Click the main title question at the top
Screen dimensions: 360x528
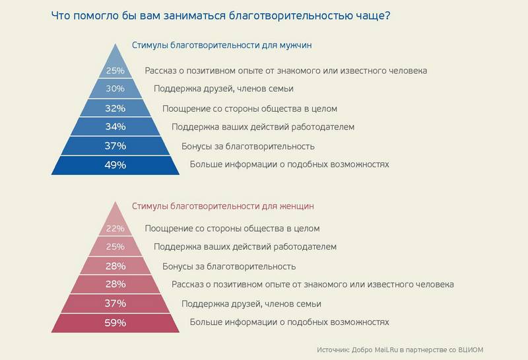(220, 15)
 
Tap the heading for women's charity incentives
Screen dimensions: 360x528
(223, 206)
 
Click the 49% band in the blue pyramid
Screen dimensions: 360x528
(115, 164)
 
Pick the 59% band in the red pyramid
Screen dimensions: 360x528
(115, 323)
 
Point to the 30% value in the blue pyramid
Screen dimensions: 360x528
(115, 89)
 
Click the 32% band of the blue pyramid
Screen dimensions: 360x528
(115, 108)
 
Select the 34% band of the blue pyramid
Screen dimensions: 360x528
(115, 127)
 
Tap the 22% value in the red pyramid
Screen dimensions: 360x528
(115, 229)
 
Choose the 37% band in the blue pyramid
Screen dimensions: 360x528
(115, 146)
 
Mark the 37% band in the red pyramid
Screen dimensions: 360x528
(115, 304)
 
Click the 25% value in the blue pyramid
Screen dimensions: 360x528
(115, 70)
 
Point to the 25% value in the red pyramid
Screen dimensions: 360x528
(115, 247)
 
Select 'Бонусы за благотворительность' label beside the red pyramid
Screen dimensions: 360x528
(229, 266)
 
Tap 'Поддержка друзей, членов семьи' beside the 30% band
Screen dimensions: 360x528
(224, 89)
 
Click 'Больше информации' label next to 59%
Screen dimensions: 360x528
(289, 322)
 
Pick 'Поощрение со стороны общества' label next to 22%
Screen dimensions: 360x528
(232, 229)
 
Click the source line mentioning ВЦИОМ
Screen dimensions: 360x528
(404, 349)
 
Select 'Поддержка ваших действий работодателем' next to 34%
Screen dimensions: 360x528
(263, 127)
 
